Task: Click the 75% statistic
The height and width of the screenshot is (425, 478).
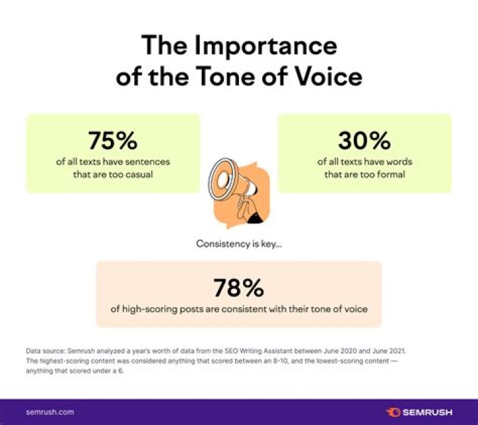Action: (112, 141)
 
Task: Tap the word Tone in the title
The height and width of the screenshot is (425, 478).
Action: (236, 77)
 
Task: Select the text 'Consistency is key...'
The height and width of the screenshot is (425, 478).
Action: (238, 244)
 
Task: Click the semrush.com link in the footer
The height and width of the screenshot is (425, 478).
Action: (50, 412)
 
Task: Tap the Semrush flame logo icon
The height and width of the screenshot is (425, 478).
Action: (392, 412)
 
